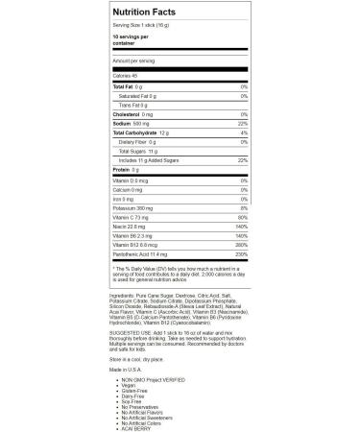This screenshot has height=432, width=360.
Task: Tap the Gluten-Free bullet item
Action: click(x=132, y=392)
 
